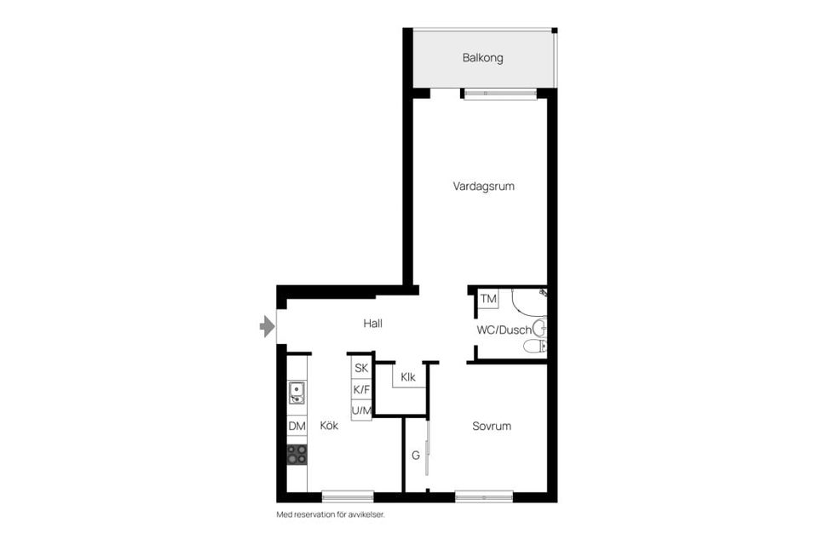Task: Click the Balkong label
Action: point(482,58)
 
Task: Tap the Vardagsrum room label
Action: point(484,186)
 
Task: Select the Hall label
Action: point(372,324)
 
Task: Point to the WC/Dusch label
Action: point(504,330)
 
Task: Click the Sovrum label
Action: point(492,426)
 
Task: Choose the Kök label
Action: point(329,425)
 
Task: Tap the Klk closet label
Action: point(408,376)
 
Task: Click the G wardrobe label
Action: point(415,456)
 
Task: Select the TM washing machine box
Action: point(488,299)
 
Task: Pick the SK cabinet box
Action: point(361,368)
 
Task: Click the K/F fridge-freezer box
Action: point(361,389)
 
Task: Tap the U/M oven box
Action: point(361,410)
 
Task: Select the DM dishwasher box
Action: point(297,426)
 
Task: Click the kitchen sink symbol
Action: point(297,393)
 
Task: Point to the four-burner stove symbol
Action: point(297,454)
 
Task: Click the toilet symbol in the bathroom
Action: point(535,346)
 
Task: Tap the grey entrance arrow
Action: point(267,326)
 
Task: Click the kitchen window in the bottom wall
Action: point(348,496)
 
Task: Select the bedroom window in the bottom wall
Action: point(484,496)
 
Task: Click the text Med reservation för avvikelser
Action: point(331,514)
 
